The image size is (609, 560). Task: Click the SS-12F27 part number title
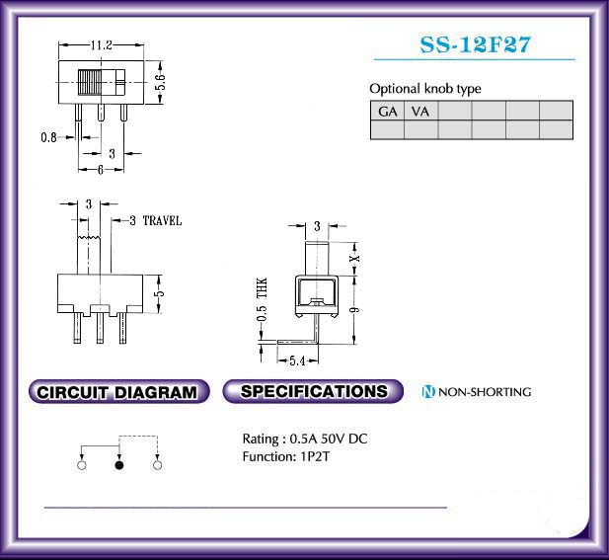[x=475, y=44]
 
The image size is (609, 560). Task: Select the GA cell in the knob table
[x=387, y=112]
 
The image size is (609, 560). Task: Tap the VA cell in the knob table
[x=420, y=112]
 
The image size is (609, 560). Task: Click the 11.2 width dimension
[x=101, y=45]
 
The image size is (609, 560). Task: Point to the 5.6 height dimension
[x=160, y=82]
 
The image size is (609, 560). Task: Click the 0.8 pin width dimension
[x=48, y=137]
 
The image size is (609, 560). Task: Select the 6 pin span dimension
[x=101, y=170]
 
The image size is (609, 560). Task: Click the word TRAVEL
[x=162, y=220]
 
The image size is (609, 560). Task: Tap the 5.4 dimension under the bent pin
[x=297, y=361]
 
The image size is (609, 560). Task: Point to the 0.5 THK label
[x=263, y=299]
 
